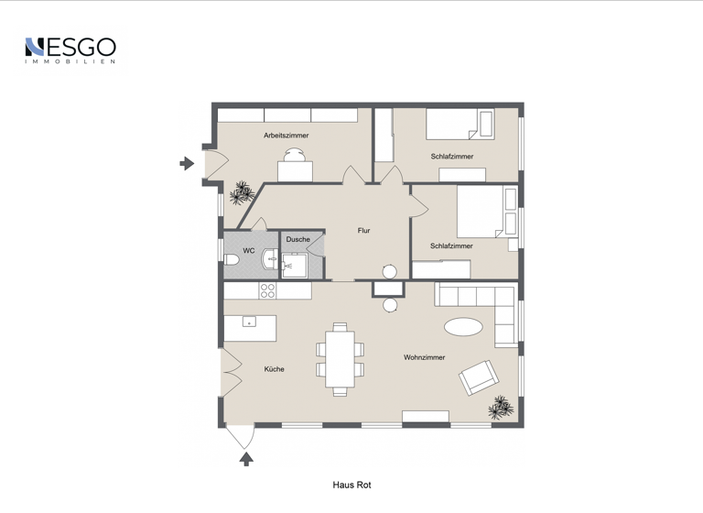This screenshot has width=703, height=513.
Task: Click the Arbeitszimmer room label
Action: click(286, 136)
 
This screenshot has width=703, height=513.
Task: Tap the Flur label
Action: click(363, 231)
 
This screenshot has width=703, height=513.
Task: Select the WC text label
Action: click(248, 251)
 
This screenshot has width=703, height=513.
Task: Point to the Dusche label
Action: click(297, 240)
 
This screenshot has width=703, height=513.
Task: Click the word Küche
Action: click(274, 369)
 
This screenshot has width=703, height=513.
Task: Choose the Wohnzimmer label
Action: click(424, 357)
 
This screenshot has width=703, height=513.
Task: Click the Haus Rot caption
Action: click(351, 486)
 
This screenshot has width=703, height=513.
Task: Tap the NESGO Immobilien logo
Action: click(70, 49)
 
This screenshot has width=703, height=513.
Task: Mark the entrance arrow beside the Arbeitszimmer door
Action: click(187, 164)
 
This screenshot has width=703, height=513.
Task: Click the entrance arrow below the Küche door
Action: click(245, 459)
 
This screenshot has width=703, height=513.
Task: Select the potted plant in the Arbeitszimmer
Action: click(243, 192)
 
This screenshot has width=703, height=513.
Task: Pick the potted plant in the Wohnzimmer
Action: click(501, 406)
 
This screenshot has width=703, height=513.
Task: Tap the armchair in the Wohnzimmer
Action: click(480, 377)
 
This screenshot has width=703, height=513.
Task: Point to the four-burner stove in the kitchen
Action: click(267, 290)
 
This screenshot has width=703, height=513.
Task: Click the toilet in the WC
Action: click(233, 260)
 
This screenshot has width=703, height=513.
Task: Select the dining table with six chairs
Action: click(340, 358)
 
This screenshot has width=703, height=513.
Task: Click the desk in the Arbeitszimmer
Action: click(295, 169)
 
